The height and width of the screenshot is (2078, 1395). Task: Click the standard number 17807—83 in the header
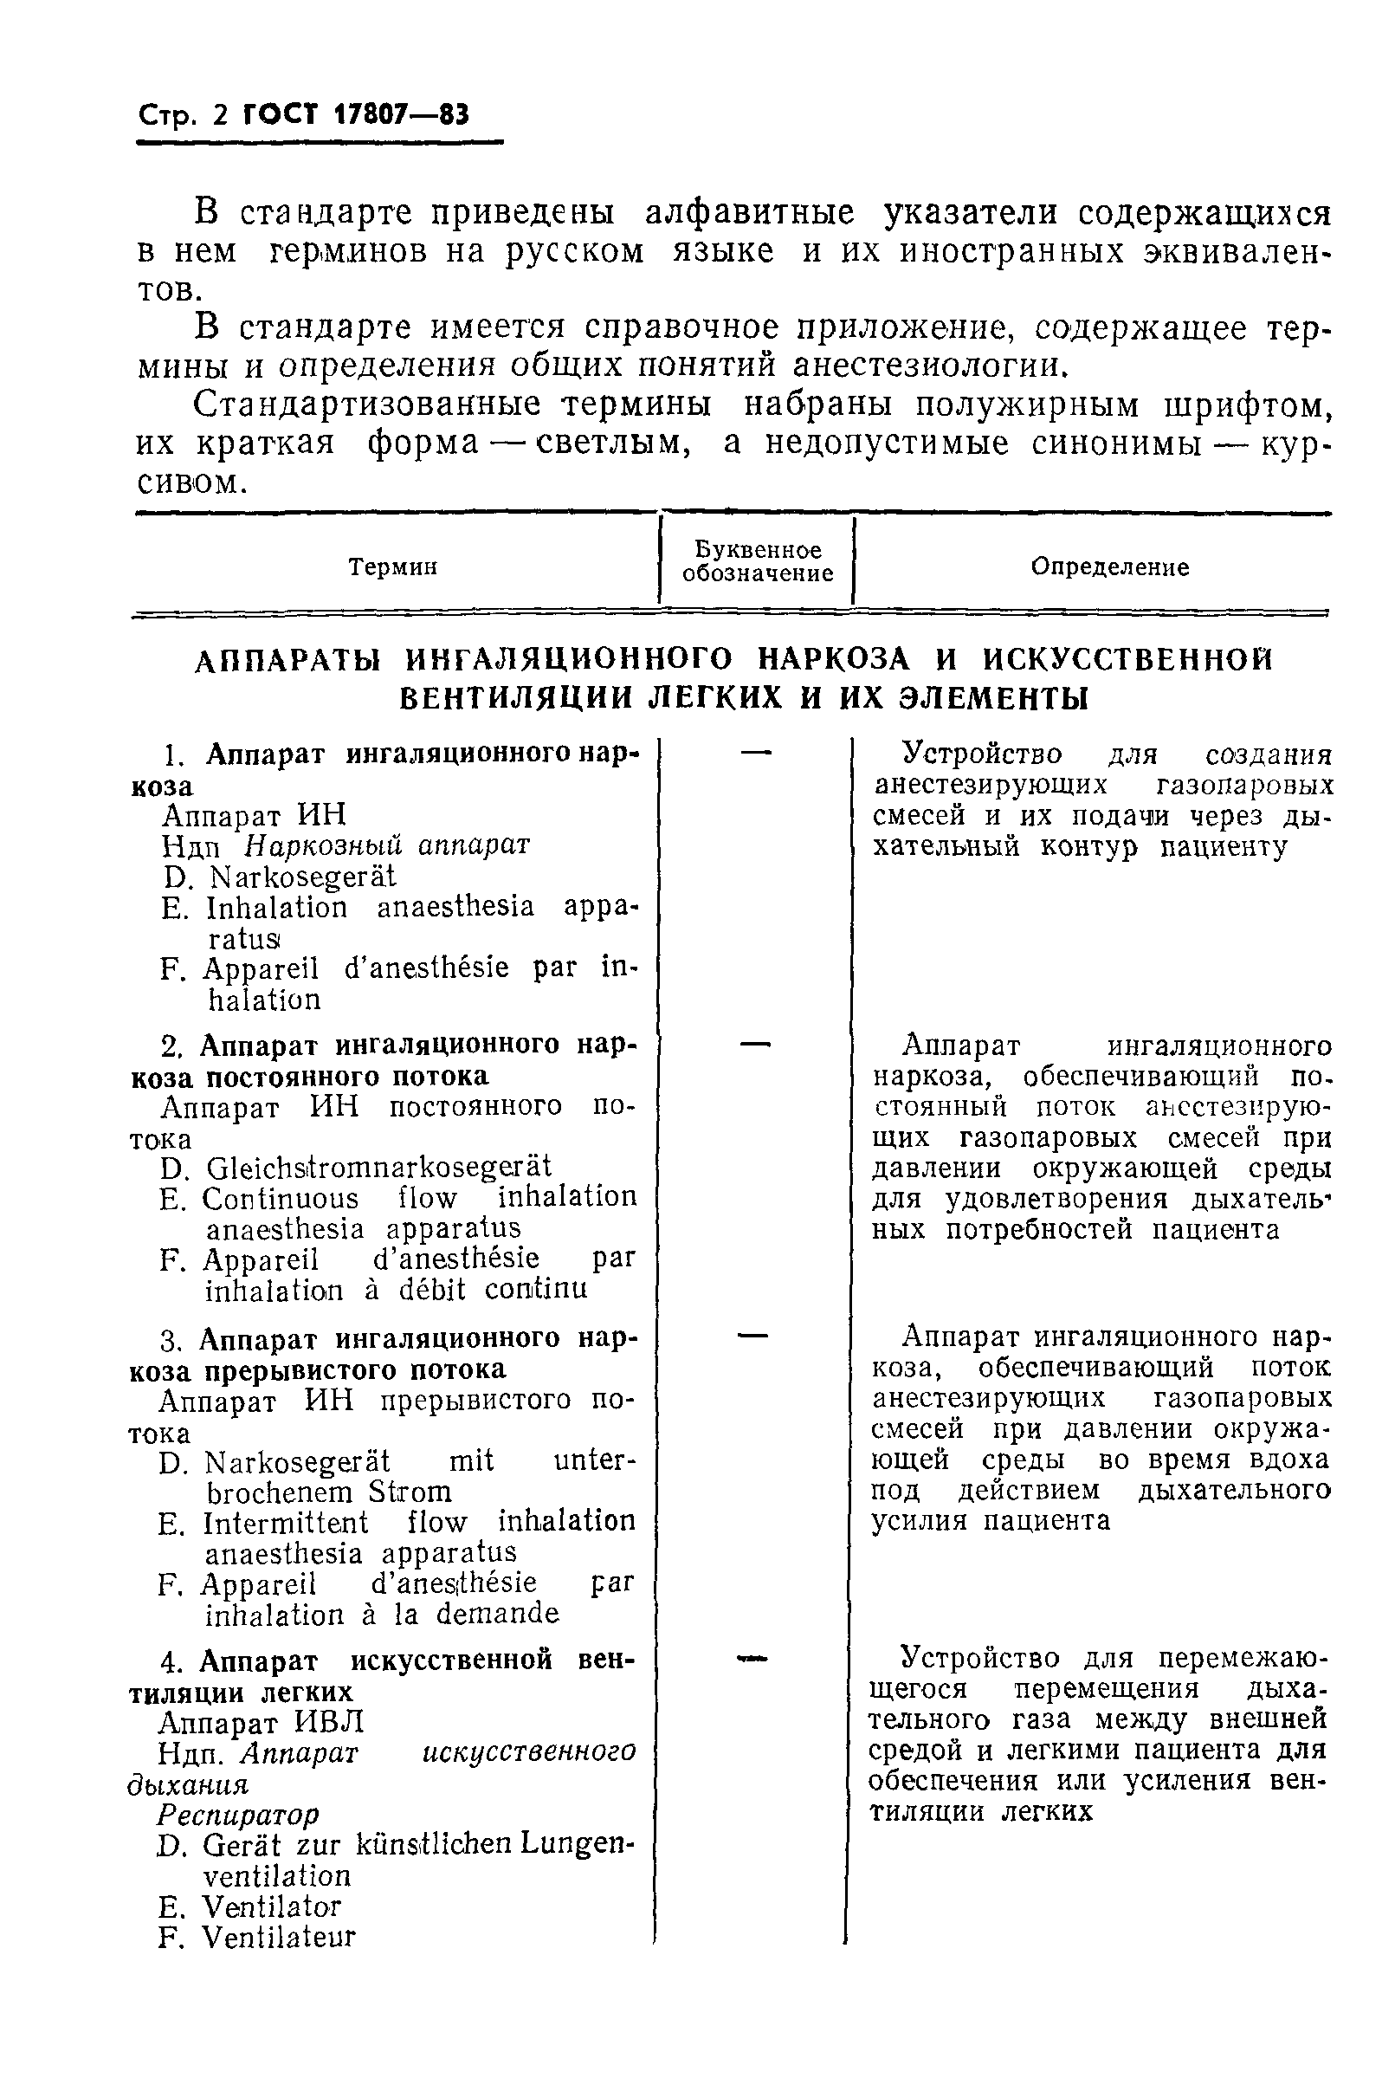click(400, 115)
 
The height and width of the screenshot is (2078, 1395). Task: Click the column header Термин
click(392, 566)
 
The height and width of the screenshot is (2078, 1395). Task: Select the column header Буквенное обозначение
click(757, 561)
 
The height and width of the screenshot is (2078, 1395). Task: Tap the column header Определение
click(1109, 566)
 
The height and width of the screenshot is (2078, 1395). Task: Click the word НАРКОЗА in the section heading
click(834, 659)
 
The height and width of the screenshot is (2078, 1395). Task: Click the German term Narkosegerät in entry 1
click(302, 877)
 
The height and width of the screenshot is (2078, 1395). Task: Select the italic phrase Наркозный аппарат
click(387, 845)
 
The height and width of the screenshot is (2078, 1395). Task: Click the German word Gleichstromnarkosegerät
click(378, 1167)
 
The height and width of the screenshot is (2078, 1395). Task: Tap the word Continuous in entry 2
click(280, 1199)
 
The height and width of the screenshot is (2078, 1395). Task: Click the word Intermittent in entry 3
click(285, 1523)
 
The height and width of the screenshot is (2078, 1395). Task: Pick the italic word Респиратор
click(237, 1814)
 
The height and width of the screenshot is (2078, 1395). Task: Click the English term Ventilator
click(271, 1907)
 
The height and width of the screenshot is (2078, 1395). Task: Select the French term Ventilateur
click(279, 1938)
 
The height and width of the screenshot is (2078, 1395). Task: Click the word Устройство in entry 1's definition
click(981, 754)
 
